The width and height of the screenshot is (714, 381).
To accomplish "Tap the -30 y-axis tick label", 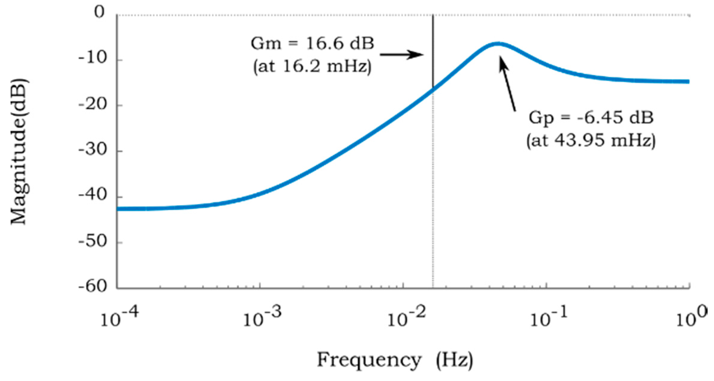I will (x=93, y=150).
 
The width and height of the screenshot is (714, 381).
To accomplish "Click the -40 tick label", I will (x=93, y=196).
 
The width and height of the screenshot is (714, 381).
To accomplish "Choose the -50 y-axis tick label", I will (x=93, y=241).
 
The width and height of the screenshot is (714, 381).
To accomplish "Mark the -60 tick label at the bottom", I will (x=93, y=286).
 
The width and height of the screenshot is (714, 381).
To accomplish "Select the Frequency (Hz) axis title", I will (x=395, y=360).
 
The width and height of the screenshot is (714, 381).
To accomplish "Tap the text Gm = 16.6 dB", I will (x=312, y=44).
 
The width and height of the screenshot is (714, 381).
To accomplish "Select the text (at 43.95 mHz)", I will (x=591, y=140).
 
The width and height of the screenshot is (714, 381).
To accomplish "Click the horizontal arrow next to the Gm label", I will (x=401, y=55).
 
